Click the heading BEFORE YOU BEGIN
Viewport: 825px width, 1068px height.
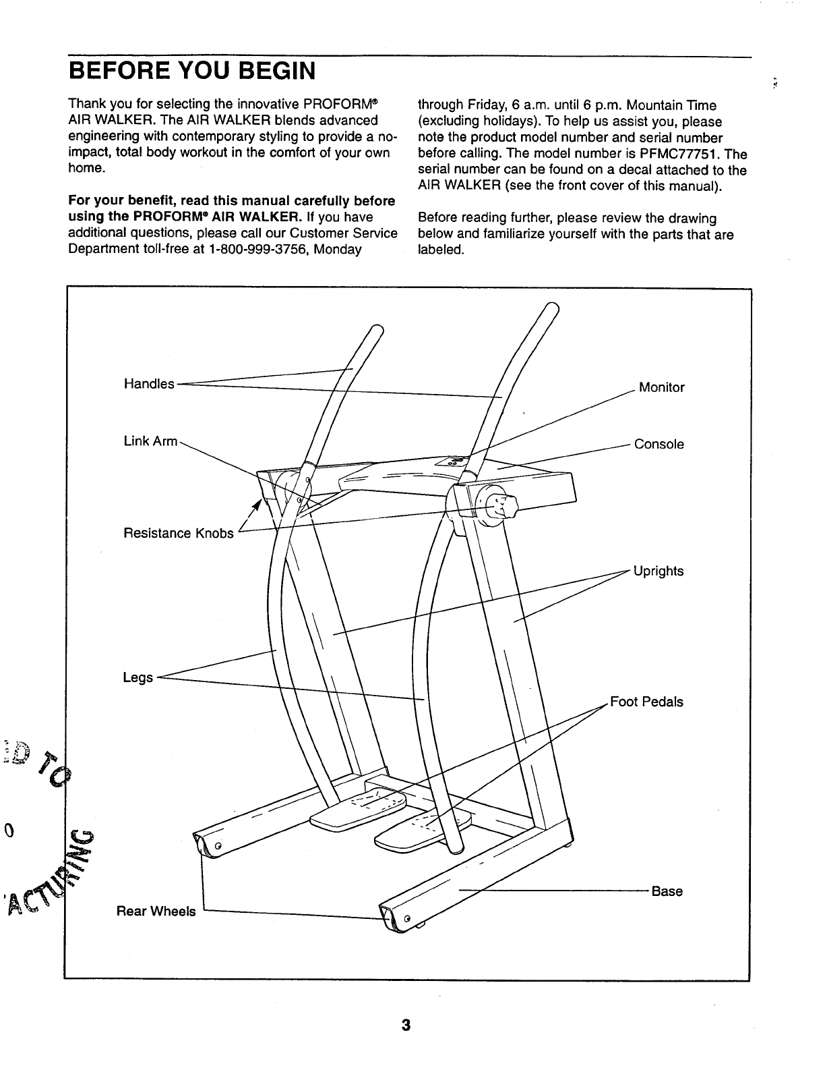tap(193, 71)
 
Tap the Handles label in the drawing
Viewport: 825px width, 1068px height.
tap(149, 384)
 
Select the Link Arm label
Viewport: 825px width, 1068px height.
tap(150, 441)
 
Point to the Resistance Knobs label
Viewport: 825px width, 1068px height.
tap(179, 534)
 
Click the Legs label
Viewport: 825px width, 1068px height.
tap(137, 677)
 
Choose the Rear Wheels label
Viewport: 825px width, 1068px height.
tap(156, 911)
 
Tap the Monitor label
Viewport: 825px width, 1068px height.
tap(661, 387)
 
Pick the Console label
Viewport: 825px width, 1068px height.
tap(659, 444)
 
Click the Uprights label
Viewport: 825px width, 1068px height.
tap(659, 571)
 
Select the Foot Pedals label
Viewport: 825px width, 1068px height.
tap(646, 702)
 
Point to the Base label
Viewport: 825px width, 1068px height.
tap(667, 891)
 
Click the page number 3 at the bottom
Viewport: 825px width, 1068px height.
tap(406, 1025)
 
